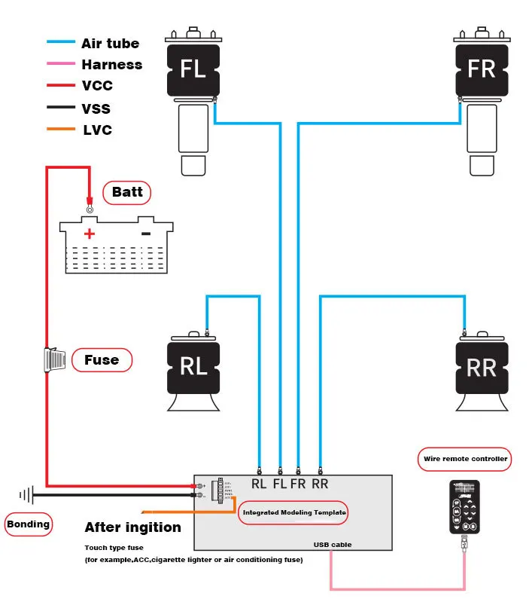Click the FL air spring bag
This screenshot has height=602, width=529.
(x=193, y=69)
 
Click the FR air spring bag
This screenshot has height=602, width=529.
(x=481, y=69)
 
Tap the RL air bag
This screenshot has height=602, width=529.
(x=193, y=366)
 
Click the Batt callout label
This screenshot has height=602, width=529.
(x=127, y=192)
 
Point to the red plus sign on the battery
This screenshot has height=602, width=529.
(x=90, y=234)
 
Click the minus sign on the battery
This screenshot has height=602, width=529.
(x=146, y=234)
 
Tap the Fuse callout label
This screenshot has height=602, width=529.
(x=102, y=360)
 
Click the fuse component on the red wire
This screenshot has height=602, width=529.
(x=56, y=359)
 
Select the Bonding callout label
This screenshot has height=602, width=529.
(x=29, y=524)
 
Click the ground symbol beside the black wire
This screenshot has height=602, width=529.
(x=27, y=495)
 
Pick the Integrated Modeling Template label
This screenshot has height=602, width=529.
(x=293, y=512)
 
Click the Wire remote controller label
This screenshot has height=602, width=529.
(x=464, y=458)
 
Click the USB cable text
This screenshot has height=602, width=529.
(x=333, y=544)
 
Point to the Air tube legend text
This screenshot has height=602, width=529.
(x=110, y=44)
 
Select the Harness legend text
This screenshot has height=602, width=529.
(x=111, y=65)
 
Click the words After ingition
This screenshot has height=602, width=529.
(x=132, y=527)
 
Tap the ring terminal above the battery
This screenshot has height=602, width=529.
(x=90, y=209)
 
